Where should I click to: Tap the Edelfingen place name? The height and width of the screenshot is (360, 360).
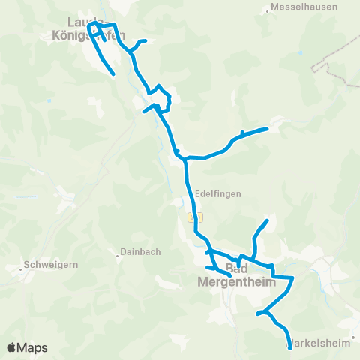click(x=217, y=193)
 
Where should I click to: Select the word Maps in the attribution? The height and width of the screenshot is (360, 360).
click(x=33, y=347)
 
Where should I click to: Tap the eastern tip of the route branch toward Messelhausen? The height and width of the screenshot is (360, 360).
click(x=266, y=130)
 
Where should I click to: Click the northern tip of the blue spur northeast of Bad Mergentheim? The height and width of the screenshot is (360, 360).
click(x=267, y=220)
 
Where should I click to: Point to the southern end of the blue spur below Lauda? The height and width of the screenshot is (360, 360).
click(x=112, y=73)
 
